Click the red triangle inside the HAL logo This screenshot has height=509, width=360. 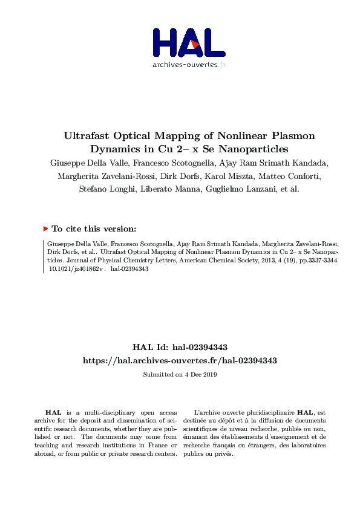click(x=194, y=44)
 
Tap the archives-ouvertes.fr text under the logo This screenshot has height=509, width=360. click(x=189, y=64)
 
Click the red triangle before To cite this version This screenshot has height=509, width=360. click(x=45, y=229)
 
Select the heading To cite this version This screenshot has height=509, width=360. click(x=94, y=229)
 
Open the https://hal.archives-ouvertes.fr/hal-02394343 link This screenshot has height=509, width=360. click(x=180, y=360)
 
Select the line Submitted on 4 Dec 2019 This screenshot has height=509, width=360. click(x=180, y=374)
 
